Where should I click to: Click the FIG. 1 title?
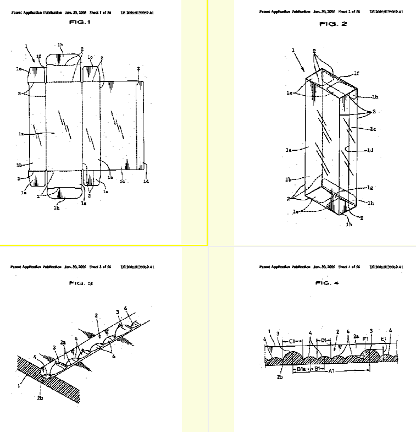(x=80, y=22)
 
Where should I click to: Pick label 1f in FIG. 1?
(x=38, y=56)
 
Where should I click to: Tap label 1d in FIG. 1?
(x=146, y=181)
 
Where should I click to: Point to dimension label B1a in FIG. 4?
(x=302, y=370)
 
